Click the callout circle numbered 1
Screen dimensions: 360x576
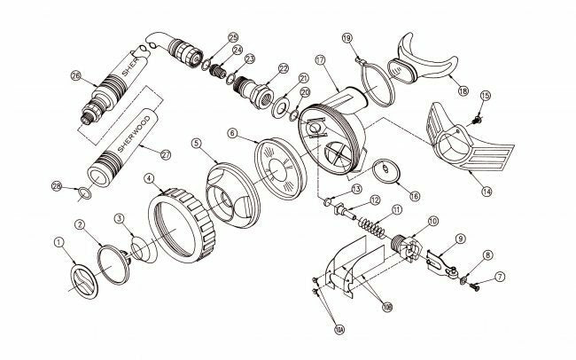[x=59, y=240]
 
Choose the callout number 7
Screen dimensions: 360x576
[x=499, y=278]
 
